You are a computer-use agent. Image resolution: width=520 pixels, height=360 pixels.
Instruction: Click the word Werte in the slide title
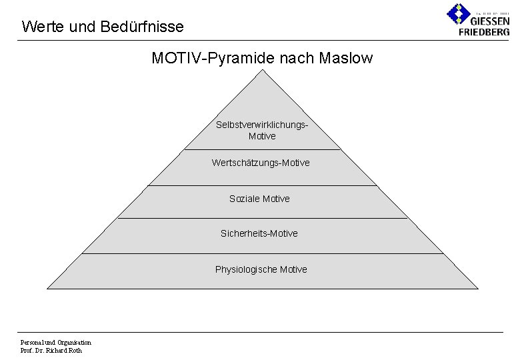tap(39, 27)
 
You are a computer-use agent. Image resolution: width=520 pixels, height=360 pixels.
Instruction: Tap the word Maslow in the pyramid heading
tap(346, 59)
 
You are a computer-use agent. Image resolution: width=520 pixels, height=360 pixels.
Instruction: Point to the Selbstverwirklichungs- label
tap(262, 125)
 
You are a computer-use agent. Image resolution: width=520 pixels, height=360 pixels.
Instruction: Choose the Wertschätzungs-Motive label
tap(261, 163)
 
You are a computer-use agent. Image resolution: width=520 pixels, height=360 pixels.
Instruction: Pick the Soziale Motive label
tap(259, 199)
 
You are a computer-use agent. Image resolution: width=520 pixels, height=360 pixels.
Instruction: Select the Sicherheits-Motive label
tap(259, 233)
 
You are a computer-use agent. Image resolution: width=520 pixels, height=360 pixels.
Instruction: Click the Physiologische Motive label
tap(261, 269)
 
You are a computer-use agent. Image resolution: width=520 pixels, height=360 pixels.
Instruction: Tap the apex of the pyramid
tap(262, 70)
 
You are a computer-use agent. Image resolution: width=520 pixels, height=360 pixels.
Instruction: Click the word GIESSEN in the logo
tap(489, 21)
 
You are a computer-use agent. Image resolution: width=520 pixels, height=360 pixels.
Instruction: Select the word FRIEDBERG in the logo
tap(484, 32)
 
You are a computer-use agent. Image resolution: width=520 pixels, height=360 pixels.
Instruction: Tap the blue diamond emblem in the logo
tap(458, 13)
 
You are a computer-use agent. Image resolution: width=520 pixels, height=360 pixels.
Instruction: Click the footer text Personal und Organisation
tap(56, 343)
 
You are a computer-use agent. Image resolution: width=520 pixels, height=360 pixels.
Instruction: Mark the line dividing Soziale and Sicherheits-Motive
tap(262, 218)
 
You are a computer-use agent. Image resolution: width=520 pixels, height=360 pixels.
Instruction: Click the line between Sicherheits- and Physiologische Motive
tap(262, 253)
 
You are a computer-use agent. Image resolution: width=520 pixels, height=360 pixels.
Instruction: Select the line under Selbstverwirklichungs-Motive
tap(262, 149)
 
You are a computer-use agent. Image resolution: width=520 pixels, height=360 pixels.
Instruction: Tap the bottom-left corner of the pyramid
tap(47, 288)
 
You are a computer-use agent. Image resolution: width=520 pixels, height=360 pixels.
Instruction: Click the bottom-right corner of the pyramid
tap(477, 288)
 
